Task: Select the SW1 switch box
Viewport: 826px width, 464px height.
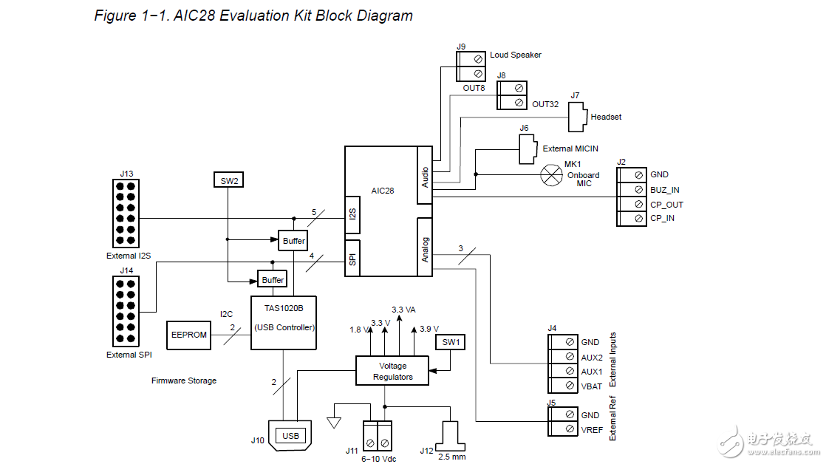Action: pos(450,342)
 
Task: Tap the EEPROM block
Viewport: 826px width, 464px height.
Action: pos(188,334)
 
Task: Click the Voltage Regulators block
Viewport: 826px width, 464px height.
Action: pos(392,371)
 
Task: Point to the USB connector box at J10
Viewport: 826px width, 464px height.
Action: pos(290,436)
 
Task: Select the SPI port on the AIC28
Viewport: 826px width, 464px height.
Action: pos(353,258)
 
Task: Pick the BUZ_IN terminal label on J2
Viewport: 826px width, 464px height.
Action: pos(664,190)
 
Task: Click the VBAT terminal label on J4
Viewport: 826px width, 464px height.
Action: pos(591,385)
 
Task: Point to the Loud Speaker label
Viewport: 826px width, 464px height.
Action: pos(515,55)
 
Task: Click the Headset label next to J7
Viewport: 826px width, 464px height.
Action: pos(606,117)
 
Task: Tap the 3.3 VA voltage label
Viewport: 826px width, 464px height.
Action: pos(404,310)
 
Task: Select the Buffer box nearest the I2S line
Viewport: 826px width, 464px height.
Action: pos(293,241)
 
